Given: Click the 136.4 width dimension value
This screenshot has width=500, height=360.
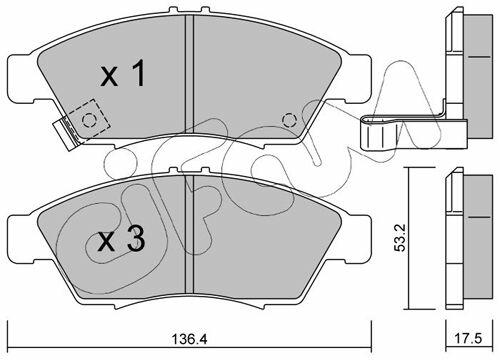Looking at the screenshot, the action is point(189,339).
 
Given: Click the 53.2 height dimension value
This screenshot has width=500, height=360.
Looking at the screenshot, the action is point(400,238).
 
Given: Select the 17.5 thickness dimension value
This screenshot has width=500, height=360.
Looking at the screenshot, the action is point(469,339).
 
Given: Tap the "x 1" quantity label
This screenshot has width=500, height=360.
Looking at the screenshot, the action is point(123,73).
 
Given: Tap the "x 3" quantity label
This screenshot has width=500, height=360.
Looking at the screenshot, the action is point(121,238).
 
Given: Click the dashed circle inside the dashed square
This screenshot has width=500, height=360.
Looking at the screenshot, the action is point(89,119).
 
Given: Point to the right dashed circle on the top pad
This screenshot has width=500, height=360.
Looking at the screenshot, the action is point(289,119).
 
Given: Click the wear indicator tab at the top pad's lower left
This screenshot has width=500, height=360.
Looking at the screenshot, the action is point(67,134).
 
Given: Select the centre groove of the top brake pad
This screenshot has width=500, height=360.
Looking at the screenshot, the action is point(189,73).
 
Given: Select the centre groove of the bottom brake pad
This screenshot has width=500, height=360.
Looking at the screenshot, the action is point(189,233).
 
